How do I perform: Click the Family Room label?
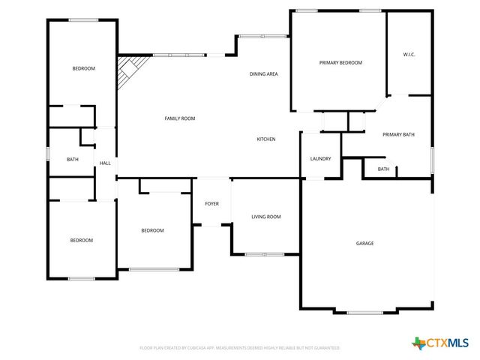(x=180, y=118)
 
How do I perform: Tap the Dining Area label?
(x=264, y=74)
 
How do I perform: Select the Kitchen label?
(x=266, y=139)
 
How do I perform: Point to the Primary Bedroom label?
(x=340, y=63)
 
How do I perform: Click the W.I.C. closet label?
(x=409, y=54)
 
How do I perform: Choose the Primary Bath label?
(x=398, y=135)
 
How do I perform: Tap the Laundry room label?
(x=321, y=159)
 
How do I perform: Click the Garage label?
(x=364, y=243)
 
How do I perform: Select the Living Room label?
(x=265, y=217)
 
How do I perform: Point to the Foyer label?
(x=211, y=204)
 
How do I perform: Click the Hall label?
(x=105, y=163)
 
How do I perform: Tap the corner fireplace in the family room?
(x=127, y=71)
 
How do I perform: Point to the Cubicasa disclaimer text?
(x=240, y=348)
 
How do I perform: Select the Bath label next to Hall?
(x=73, y=159)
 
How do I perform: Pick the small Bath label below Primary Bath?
(x=383, y=169)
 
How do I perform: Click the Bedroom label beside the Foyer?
(x=152, y=230)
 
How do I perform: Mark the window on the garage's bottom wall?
(x=365, y=312)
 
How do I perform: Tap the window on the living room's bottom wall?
(x=265, y=254)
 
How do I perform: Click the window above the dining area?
(x=261, y=35)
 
